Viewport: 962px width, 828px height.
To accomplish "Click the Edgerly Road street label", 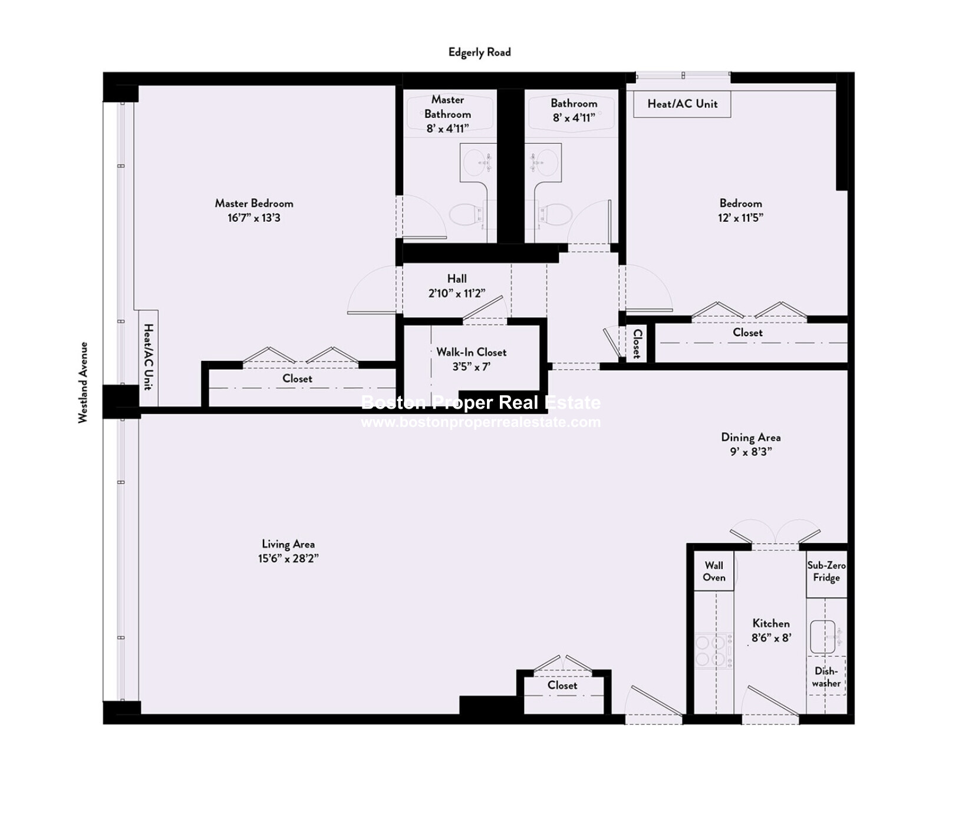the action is click(479, 52).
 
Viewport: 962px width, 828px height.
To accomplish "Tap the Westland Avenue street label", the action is click(83, 382).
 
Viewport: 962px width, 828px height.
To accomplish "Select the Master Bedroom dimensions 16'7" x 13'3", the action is click(254, 218).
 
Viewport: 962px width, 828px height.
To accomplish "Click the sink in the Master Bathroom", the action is click(477, 162).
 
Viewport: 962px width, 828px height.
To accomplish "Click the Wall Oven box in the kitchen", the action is click(714, 571).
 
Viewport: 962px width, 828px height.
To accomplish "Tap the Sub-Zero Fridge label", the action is click(826, 571).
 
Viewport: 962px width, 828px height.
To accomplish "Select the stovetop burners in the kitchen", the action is click(714, 650).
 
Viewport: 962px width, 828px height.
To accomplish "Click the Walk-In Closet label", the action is click(471, 352).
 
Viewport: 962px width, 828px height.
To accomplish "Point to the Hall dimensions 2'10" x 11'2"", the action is click(457, 293).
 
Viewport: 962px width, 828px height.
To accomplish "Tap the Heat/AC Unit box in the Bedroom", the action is click(682, 104).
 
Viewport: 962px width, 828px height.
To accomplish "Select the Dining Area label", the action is click(750, 438).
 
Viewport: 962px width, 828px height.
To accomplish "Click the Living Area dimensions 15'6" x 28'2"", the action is click(288, 558).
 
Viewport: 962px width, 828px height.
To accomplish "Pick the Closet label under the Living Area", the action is click(562, 685).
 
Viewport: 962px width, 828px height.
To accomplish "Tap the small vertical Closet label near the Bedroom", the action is click(637, 344).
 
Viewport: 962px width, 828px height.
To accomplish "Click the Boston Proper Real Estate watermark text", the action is click(480, 402).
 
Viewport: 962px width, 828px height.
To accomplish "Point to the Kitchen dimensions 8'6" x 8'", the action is click(771, 638).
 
